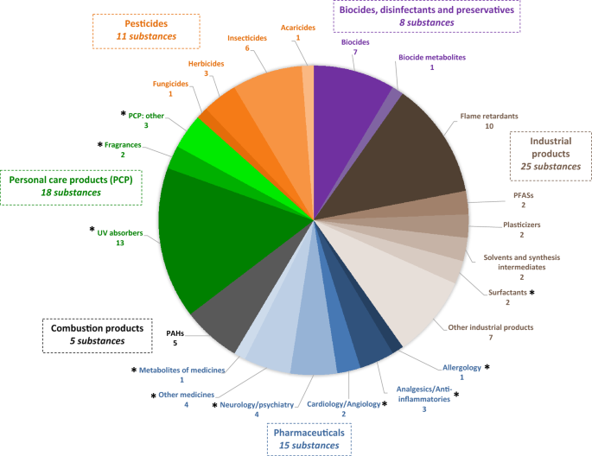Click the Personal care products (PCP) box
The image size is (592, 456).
pyautogui.click(x=72, y=185)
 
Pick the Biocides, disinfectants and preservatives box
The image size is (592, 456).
pyautogui.click(x=425, y=15)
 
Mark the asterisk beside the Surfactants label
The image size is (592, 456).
pyautogui.click(x=532, y=294)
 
